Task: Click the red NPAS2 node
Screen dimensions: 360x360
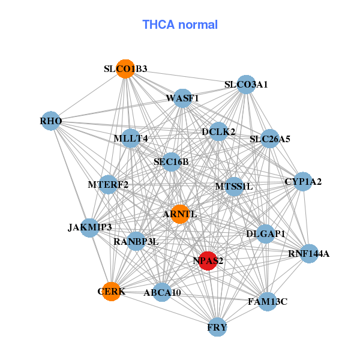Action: click(x=208, y=261)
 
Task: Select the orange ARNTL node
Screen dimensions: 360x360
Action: click(x=180, y=214)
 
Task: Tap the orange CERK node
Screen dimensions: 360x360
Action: click(x=112, y=292)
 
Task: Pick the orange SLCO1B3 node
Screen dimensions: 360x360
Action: click(x=125, y=69)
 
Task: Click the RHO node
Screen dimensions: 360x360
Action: click(x=51, y=121)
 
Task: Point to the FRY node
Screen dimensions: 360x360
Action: click(x=217, y=327)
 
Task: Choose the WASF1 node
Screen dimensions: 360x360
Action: click(x=182, y=98)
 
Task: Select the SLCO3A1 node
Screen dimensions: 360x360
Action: click(x=246, y=85)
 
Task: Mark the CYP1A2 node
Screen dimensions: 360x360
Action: click(x=303, y=181)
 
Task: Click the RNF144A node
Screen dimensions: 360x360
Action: click(x=309, y=254)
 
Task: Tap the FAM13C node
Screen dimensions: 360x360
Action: click(x=268, y=302)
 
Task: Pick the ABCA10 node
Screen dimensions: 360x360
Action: click(x=162, y=292)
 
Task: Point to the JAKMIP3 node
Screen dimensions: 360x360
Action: click(x=90, y=228)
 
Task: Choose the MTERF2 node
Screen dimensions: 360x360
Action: click(x=108, y=184)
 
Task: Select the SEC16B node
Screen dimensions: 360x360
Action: click(x=171, y=162)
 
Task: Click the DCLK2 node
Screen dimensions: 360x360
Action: click(x=218, y=131)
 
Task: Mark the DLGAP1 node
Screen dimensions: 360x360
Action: click(x=265, y=234)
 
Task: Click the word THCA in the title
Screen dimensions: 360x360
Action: click(x=158, y=25)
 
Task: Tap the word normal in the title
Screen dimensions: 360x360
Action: click(x=198, y=25)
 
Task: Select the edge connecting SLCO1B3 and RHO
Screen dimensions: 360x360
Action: click(x=88, y=95)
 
